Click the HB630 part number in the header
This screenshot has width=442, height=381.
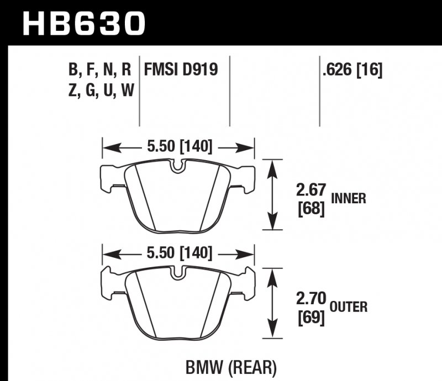click(x=83, y=23)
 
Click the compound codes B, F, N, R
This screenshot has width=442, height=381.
click(x=99, y=70)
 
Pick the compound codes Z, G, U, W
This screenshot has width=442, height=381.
click(x=99, y=91)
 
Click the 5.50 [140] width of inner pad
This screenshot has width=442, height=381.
click(x=177, y=147)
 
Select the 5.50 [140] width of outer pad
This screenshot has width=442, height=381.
click(x=177, y=253)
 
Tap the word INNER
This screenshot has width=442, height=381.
click(x=349, y=199)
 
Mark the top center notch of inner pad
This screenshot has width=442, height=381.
click(x=177, y=166)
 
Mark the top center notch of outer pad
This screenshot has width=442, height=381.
click(x=177, y=273)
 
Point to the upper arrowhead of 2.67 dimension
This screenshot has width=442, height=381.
click(x=271, y=166)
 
